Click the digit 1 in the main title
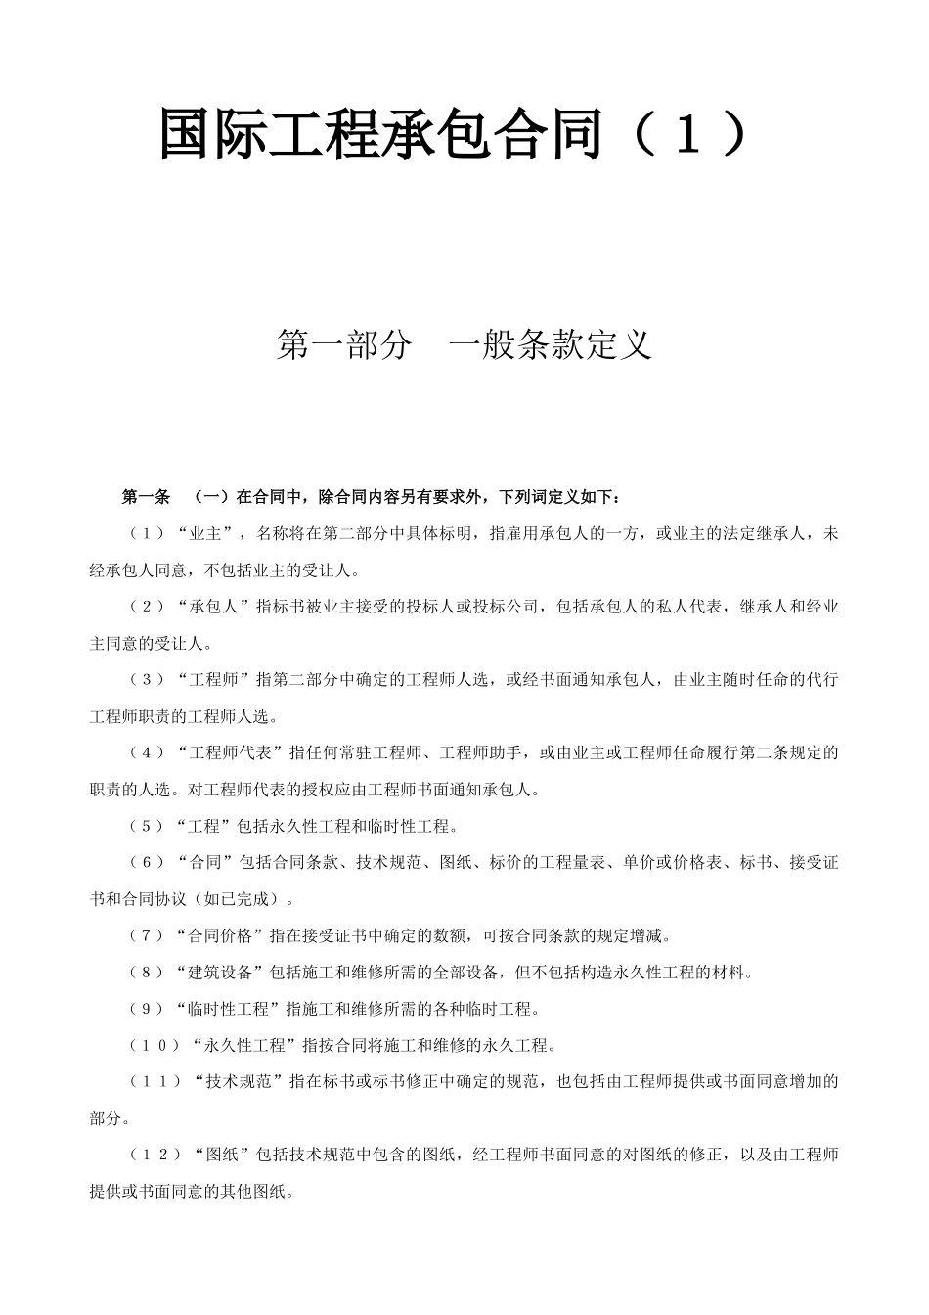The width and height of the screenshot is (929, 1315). tap(688, 135)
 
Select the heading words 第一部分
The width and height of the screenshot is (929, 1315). tap(342, 344)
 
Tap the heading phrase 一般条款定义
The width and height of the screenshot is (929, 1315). tap(550, 344)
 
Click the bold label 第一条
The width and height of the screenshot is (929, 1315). tap(146, 497)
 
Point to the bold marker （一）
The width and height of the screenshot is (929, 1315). tap(210, 497)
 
